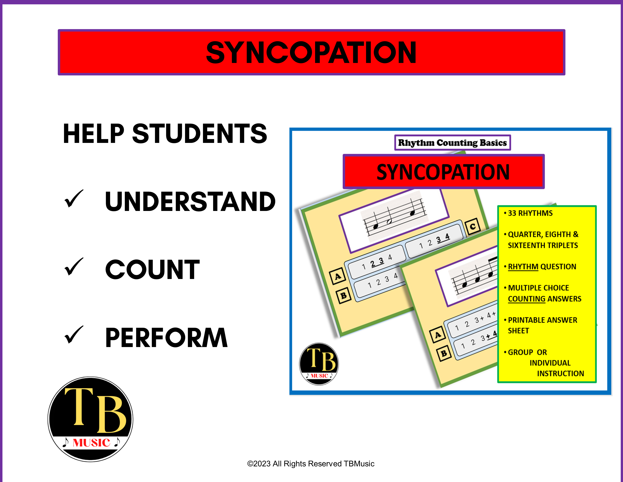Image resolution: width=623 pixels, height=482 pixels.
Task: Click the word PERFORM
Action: pos(166,338)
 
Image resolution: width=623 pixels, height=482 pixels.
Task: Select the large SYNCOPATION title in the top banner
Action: pos(311,53)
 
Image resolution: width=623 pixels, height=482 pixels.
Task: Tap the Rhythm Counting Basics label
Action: pos(452,143)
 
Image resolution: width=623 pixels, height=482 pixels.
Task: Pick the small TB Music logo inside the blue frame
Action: pos(319,364)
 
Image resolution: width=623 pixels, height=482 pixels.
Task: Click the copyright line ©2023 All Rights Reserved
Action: pos(311,464)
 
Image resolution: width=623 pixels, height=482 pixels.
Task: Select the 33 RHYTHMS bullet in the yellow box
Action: pos(530,213)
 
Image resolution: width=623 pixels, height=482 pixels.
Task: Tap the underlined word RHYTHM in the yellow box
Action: pos(523,267)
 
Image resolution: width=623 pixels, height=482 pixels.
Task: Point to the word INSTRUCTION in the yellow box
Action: pos(561,374)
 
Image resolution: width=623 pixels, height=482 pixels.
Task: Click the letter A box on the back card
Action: pos(338,276)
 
